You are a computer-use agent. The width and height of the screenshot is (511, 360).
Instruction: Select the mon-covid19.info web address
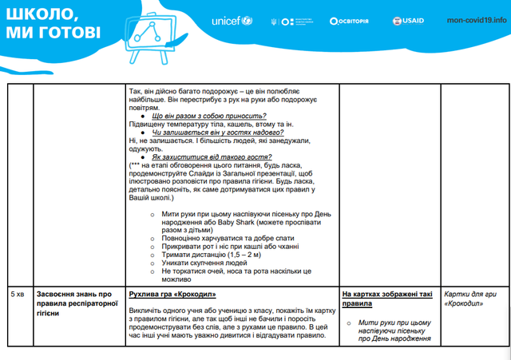pyautogui.click(x=477, y=21)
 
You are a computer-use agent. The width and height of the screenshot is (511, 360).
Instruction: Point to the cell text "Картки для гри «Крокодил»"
pyautogui.click(x=469, y=299)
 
